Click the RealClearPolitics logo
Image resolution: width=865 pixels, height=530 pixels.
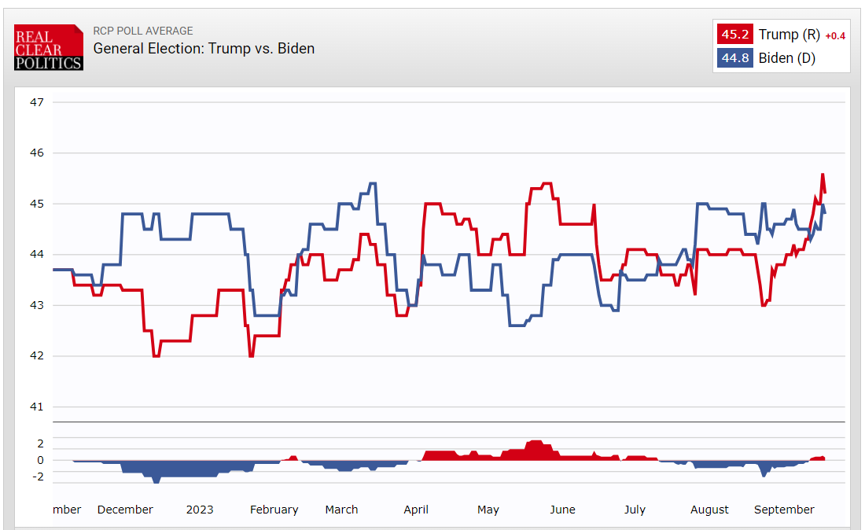click(48, 47)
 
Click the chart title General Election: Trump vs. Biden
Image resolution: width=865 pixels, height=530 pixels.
click(204, 49)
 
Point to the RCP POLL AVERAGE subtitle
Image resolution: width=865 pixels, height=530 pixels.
click(142, 31)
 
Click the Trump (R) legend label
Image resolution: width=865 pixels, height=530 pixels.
click(789, 35)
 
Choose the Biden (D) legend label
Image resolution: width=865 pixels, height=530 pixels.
click(786, 58)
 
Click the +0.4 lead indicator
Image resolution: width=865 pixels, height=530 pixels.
click(834, 35)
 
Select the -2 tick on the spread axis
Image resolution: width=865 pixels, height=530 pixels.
click(38, 477)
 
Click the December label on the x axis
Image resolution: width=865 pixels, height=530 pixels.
click(125, 510)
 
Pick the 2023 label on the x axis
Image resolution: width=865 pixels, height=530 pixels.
click(200, 510)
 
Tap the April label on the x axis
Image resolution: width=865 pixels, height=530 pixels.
click(416, 510)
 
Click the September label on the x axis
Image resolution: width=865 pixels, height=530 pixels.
click(784, 510)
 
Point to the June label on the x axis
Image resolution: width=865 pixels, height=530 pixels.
click(562, 510)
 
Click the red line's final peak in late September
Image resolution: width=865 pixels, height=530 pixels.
click(823, 174)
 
